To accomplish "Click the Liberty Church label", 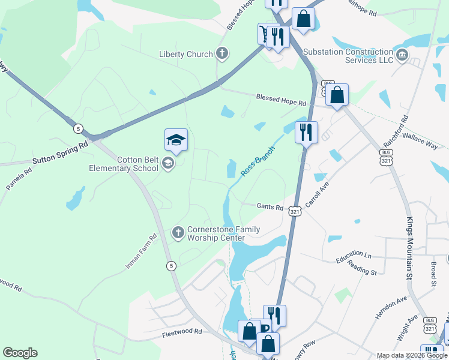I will click(185, 55).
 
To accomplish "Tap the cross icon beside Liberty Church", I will click(222, 54).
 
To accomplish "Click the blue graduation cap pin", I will click(176, 140).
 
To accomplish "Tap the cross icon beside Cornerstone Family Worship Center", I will click(178, 232).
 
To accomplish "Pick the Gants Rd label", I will click(270, 208).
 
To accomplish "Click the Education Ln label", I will click(354, 256).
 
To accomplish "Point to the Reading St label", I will click(361, 271).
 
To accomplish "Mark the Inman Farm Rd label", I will click(141, 251).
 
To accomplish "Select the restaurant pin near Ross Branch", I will click(306, 131).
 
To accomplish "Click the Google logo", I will click(20, 353).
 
